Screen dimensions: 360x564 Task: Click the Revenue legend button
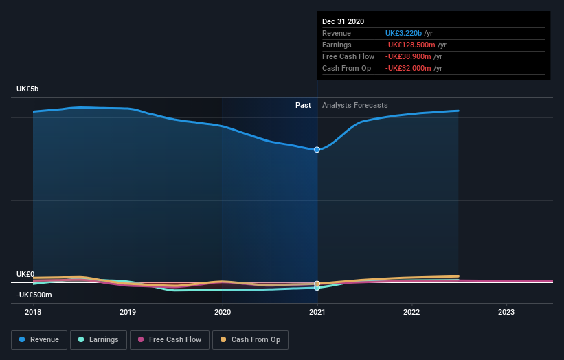coord(40,339)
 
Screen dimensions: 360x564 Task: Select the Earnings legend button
coord(98,339)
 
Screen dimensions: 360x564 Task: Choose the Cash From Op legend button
coord(250,339)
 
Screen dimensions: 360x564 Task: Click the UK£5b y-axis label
coord(28,89)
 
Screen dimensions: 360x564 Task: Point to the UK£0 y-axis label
coord(25,274)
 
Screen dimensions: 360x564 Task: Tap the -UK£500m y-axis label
coord(34,295)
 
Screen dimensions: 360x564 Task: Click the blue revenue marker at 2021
coord(317,149)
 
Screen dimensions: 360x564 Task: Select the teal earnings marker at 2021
coord(317,288)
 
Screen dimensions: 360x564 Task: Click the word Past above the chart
coord(303,105)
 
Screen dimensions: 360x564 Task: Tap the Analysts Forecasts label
coord(354,105)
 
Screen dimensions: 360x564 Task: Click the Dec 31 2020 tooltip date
coord(343,21)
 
